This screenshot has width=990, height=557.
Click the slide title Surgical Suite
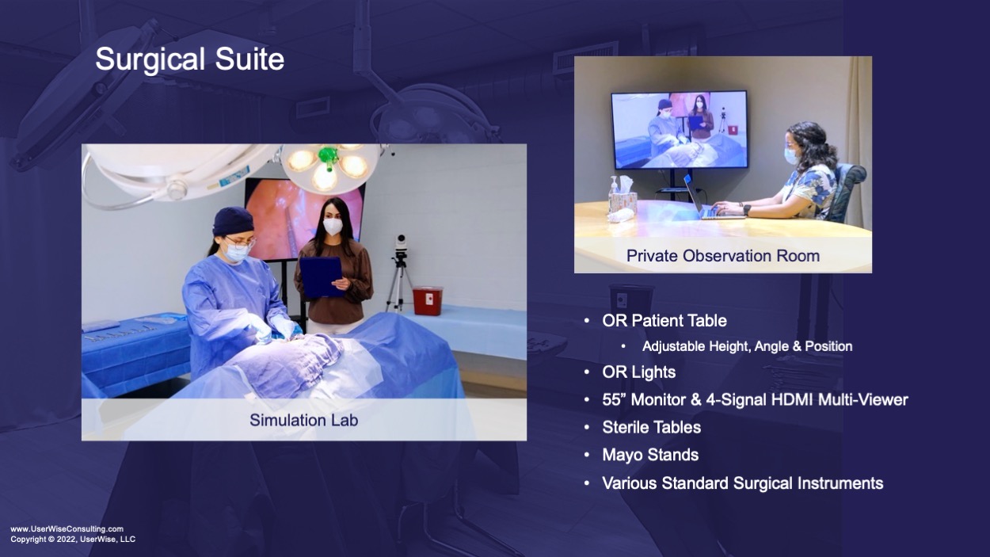click(189, 59)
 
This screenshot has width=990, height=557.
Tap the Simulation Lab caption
click(303, 420)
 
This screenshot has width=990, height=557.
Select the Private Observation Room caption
click(723, 255)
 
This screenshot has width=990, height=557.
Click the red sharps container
click(428, 300)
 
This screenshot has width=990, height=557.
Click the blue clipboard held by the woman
click(322, 277)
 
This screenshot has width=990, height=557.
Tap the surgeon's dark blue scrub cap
click(233, 221)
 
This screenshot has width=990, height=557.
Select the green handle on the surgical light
click(329, 158)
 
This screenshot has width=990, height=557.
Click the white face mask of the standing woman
click(333, 227)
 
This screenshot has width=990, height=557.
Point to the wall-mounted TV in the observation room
click(680, 130)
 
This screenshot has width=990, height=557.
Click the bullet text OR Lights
click(638, 372)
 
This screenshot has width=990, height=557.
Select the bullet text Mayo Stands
click(650, 455)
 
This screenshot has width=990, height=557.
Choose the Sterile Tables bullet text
click(652, 428)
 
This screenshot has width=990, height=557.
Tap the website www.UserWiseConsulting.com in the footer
click(67, 528)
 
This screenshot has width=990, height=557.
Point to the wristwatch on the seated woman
click(747, 209)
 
